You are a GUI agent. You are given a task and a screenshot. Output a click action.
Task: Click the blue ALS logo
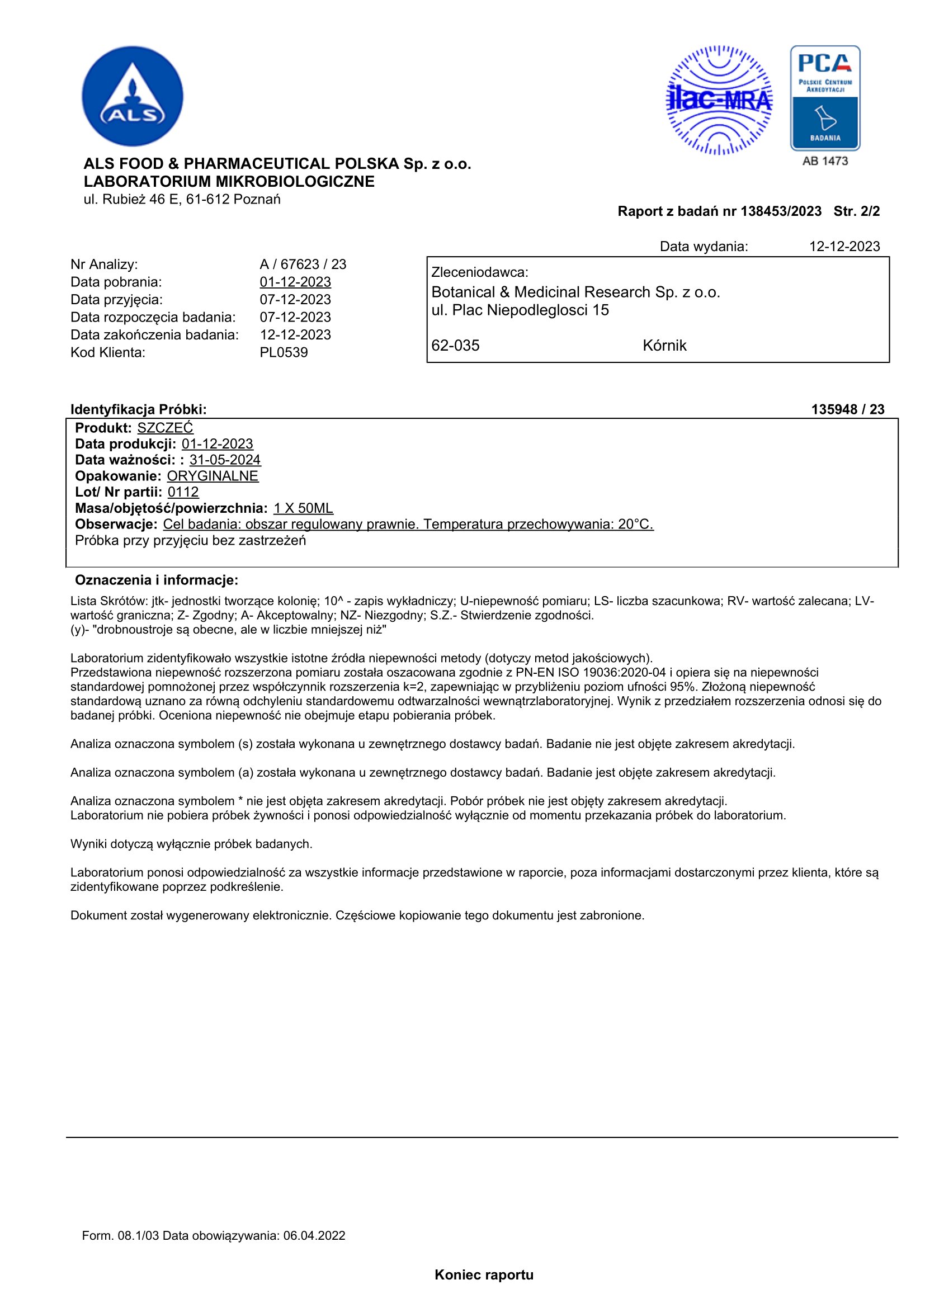click(132, 96)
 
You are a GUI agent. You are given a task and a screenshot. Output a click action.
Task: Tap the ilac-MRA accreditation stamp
click(719, 101)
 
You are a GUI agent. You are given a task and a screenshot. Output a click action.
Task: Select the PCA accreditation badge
click(825, 98)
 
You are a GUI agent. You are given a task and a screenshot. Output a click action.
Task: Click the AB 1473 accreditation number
click(825, 161)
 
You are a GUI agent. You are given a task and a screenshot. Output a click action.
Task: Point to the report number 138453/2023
click(780, 212)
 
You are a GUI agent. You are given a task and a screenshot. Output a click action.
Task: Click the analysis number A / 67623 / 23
click(303, 265)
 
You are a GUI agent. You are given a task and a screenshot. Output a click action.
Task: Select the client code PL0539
click(284, 353)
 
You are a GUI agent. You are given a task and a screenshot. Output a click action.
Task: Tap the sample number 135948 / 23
click(847, 409)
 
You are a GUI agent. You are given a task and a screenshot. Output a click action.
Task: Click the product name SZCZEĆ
click(165, 428)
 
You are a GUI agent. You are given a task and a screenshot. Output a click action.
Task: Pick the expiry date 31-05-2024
click(225, 460)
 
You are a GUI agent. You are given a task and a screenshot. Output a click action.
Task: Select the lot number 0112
click(183, 492)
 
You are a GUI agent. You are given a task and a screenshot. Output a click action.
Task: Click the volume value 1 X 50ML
click(303, 508)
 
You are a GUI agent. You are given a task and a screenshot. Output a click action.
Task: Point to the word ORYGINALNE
click(213, 476)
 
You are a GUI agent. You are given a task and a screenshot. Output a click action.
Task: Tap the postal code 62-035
click(455, 346)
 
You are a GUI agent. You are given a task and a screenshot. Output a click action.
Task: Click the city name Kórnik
click(664, 346)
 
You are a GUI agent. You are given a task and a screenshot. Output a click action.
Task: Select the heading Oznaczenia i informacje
click(157, 580)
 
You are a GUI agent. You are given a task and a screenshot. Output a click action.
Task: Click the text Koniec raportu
click(484, 1275)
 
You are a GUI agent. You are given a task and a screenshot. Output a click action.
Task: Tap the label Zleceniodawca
click(480, 272)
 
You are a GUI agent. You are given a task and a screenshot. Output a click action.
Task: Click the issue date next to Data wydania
click(844, 247)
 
